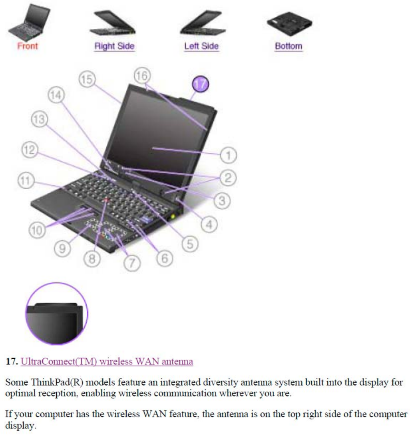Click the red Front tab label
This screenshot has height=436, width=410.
pyautogui.click(x=28, y=46)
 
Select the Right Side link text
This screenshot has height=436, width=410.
pyautogui.click(x=114, y=46)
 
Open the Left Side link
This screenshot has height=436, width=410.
pyautogui.click(x=201, y=46)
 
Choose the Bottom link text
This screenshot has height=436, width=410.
pyautogui.click(x=289, y=46)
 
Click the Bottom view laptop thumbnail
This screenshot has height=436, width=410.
pyautogui.click(x=289, y=24)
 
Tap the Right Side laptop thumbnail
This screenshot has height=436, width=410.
pyautogui.click(x=113, y=23)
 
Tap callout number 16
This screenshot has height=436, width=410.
pyautogui.click(x=143, y=76)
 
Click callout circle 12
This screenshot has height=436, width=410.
pyautogui.click(x=30, y=152)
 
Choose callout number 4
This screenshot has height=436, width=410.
pyautogui.click(x=209, y=225)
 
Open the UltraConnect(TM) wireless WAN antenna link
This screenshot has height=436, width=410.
pyautogui.click(x=107, y=362)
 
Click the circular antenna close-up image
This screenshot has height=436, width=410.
pyautogui.click(x=57, y=313)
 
